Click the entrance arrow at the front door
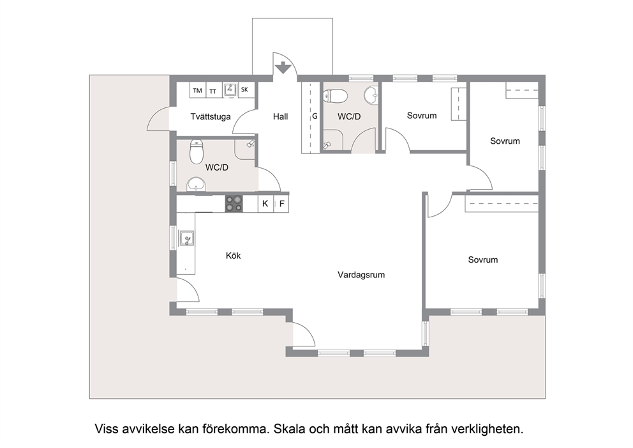[x=283, y=68]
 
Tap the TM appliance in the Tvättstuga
[x=198, y=89]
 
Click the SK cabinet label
[x=244, y=89]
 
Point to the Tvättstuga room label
[x=211, y=117]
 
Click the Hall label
[x=280, y=117]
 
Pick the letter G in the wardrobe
[x=315, y=116]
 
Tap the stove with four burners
[x=234, y=203]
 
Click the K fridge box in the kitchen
[x=265, y=203]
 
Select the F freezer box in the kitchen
[x=281, y=203]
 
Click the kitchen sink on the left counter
[x=186, y=238]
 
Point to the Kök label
[x=234, y=256]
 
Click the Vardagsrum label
[x=361, y=275]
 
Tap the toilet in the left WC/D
[x=197, y=151]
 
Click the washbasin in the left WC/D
[x=197, y=184]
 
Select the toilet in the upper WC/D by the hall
[x=335, y=97]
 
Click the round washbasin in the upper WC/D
[x=371, y=96]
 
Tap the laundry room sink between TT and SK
[x=230, y=89]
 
